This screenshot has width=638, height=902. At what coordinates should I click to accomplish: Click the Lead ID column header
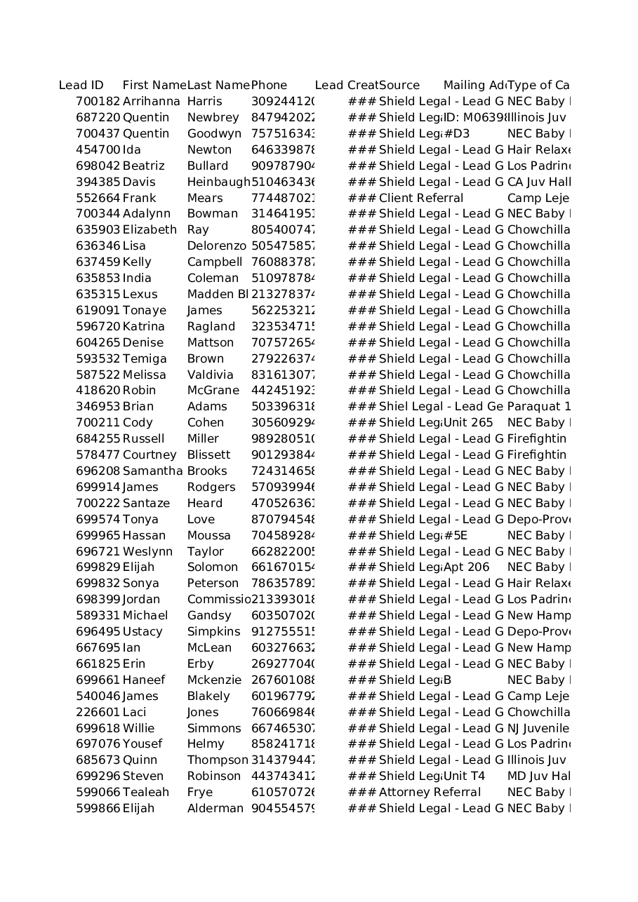point(81,86)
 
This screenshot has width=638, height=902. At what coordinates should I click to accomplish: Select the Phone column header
point(270,86)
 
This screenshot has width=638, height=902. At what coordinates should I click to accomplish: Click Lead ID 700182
point(98,102)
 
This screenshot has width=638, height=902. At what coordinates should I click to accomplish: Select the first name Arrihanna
point(151,102)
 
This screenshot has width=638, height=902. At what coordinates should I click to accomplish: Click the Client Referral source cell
point(421,198)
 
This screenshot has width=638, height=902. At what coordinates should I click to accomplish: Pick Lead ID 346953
point(98,406)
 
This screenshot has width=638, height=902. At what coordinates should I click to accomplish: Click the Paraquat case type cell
point(538,406)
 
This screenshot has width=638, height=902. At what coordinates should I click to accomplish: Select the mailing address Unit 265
point(468,422)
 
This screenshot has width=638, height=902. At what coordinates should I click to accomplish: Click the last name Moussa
point(209,535)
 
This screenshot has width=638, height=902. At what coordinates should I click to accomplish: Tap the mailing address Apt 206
point(466,567)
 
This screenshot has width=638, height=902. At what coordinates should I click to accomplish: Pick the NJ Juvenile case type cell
point(538,728)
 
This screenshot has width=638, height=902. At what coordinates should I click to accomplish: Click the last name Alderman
point(215,808)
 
